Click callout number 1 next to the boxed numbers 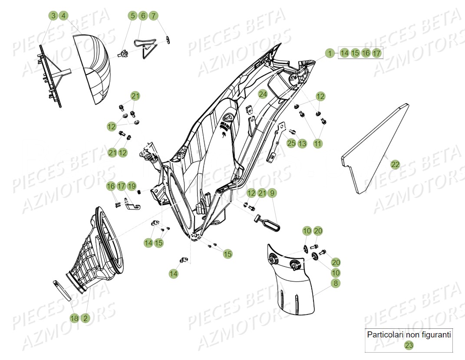[330, 53]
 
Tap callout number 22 [395, 164]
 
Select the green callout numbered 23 [409, 345]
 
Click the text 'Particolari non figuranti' [409, 335]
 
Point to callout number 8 [336, 283]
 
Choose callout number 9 [272, 193]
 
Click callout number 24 [263, 94]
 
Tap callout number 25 [291, 143]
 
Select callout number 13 [302, 143]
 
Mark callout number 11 [318, 143]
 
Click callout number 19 [132, 186]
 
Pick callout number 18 [75, 318]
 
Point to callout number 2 [86, 318]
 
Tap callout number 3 [53, 16]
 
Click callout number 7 [153, 16]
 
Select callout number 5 [132, 16]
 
